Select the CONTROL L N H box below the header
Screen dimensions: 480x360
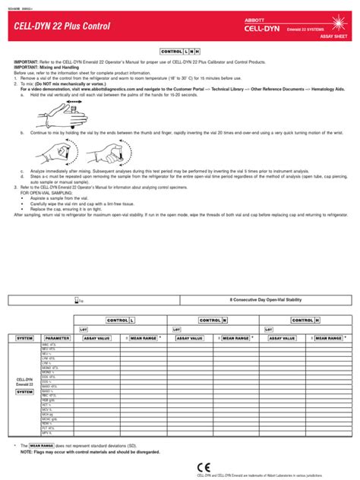pyautogui.click(x=179, y=49)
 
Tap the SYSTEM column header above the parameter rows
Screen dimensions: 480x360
pyautogui.click(x=24, y=337)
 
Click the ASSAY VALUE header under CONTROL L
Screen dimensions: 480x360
pyautogui.click(x=96, y=337)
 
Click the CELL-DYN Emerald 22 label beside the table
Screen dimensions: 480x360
pyautogui.click(x=24, y=382)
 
